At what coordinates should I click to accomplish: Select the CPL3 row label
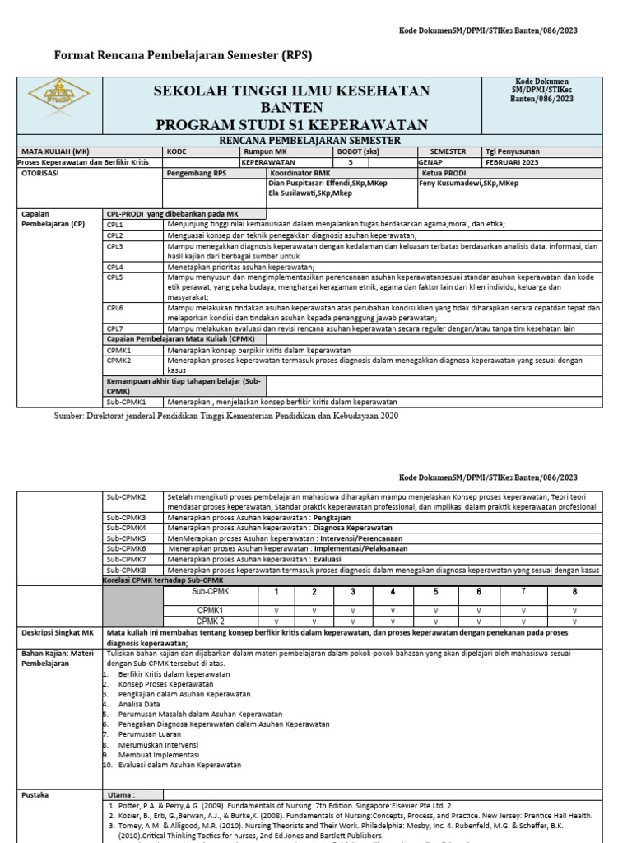[115, 246]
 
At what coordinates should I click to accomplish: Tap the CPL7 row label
[115, 328]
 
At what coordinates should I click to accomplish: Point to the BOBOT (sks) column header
[360, 151]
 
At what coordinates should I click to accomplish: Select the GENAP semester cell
[430, 162]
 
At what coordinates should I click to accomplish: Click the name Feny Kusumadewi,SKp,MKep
[469, 183]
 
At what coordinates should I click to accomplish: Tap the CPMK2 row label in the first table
[119, 360]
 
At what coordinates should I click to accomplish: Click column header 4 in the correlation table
[392, 591]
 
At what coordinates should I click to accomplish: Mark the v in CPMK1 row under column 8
[574, 610]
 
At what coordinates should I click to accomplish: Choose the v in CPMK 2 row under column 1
[276, 621]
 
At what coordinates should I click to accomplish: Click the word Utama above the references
[121, 794]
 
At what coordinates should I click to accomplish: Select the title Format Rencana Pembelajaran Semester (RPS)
[183, 55]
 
